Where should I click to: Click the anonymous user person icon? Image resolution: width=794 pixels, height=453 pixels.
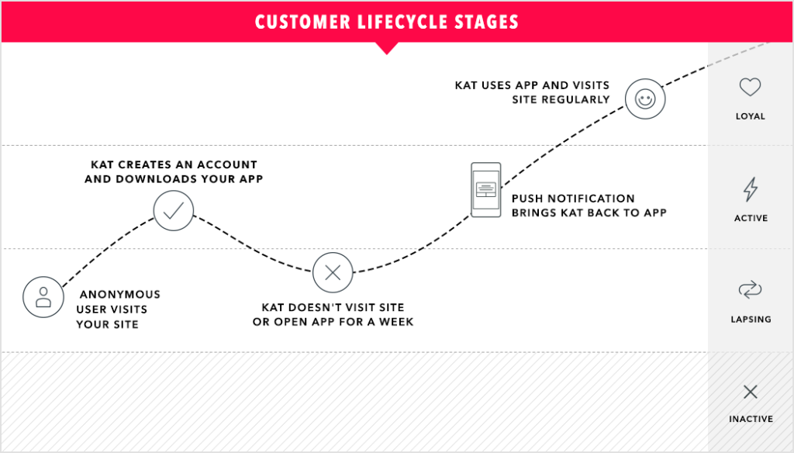(x=43, y=296)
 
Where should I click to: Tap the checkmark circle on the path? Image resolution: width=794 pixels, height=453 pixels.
(x=173, y=210)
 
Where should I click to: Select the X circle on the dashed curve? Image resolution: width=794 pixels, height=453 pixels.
(x=333, y=272)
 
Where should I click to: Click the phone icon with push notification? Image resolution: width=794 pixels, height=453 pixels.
(x=486, y=189)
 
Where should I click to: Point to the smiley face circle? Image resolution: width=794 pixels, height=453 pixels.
(x=644, y=99)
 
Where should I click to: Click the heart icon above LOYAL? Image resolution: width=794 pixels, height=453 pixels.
(x=750, y=88)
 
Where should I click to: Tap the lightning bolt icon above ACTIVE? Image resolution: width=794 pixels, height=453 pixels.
(x=750, y=189)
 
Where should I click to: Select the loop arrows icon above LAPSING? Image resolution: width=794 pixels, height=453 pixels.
(x=750, y=291)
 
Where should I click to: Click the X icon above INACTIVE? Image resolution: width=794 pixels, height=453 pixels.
(x=750, y=392)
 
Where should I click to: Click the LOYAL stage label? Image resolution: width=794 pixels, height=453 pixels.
(x=750, y=116)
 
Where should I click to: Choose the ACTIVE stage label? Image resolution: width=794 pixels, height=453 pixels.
(x=751, y=218)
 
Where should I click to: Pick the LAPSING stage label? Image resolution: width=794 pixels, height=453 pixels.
(x=751, y=319)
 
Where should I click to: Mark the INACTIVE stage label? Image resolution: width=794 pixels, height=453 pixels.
(x=751, y=419)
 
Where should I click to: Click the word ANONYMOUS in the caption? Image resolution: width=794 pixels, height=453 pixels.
(x=120, y=295)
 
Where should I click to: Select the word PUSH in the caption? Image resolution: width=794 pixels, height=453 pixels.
(x=527, y=199)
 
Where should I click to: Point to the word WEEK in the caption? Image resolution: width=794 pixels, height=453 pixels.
(x=397, y=322)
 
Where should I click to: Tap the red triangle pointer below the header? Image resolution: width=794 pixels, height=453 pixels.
(x=385, y=47)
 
